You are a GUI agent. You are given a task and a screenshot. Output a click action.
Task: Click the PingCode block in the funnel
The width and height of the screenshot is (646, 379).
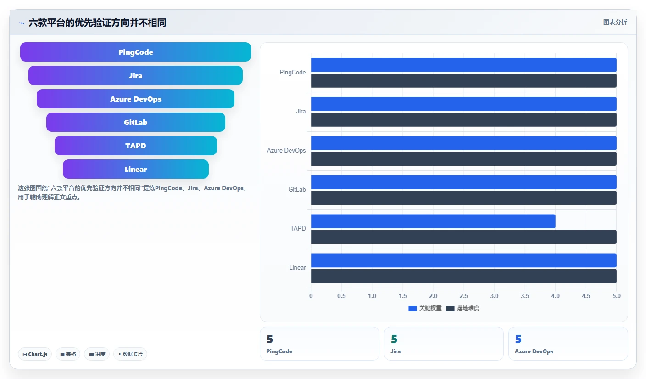tap(135, 52)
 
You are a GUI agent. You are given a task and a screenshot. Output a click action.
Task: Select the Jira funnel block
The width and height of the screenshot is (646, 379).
tap(135, 75)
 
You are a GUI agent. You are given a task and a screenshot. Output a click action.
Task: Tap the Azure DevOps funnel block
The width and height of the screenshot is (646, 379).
tap(135, 99)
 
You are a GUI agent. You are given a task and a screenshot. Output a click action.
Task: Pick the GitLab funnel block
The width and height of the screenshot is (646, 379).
tap(135, 122)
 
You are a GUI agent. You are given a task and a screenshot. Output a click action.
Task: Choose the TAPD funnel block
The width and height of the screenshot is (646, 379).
tap(135, 146)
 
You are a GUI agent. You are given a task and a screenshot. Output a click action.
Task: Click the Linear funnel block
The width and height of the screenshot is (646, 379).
tap(135, 169)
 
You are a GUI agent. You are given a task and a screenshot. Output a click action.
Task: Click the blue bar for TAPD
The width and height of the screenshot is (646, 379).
tap(433, 221)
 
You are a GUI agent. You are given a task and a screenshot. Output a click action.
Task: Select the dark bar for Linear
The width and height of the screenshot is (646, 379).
tap(464, 276)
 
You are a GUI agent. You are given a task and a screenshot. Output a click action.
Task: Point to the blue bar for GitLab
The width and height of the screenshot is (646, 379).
tap(464, 182)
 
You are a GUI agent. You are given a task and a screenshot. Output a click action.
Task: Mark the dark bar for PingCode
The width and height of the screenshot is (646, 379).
tap(464, 80)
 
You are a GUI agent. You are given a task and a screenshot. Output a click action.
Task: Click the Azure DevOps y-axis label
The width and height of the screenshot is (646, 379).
tap(286, 151)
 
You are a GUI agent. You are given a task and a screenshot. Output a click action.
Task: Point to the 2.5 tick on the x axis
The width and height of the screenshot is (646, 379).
tap(464, 296)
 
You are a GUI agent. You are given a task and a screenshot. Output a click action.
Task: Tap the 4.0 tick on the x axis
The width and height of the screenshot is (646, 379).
tap(556, 296)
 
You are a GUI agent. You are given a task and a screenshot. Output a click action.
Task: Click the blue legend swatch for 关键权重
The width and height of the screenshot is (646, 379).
tap(412, 309)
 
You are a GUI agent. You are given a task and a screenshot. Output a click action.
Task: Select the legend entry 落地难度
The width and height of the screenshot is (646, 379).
tap(462, 309)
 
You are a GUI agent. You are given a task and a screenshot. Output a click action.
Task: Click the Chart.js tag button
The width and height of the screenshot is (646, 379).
tap(35, 354)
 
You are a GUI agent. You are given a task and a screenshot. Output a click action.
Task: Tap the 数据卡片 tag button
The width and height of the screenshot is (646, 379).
tap(130, 354)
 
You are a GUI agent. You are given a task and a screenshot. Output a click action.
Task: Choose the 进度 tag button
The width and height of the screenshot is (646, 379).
tap(97, 354)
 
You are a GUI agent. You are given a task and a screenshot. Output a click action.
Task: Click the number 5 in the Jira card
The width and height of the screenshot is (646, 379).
tap(394, 339)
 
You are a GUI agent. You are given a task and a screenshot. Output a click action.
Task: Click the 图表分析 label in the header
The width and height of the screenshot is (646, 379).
tap(615, 22)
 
